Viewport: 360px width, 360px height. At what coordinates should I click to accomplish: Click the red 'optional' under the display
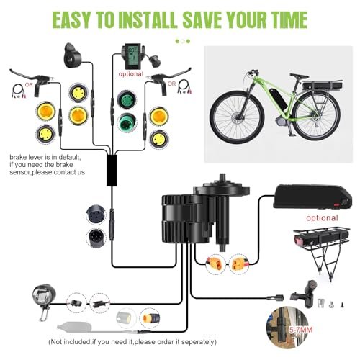130,73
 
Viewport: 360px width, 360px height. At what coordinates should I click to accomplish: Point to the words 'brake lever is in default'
43,156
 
